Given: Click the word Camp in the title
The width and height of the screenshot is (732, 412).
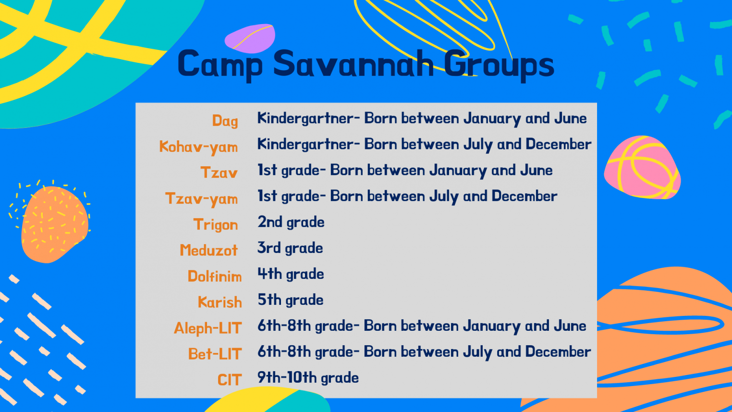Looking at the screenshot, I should pos(220,64).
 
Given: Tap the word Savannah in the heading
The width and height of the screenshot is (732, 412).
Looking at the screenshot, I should pos(353,63).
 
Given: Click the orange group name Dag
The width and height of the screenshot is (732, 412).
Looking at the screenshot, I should pos(225,121).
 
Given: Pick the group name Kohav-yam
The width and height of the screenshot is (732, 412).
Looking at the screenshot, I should pos(198,147).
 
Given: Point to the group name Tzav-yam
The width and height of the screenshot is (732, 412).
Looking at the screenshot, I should pos(201,199).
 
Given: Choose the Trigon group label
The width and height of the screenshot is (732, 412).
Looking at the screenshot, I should pos(216,225).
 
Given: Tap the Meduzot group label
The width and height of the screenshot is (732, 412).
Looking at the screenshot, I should pos(208,250).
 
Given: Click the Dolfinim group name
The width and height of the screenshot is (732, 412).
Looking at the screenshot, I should pos(214,276).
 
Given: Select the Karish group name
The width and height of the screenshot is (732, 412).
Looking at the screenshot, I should pos(220,302).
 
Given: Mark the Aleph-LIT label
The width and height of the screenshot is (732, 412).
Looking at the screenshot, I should pos(207,328).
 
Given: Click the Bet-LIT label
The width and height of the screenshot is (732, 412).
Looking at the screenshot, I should pos(214,354).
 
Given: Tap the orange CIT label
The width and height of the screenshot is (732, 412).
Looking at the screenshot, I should pos(229,380).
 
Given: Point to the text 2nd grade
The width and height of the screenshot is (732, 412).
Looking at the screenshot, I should pos(291,222).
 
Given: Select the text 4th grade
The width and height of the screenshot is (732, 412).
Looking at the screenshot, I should pos(291,274).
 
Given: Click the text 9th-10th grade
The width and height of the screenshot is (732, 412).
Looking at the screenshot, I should pos(308,378).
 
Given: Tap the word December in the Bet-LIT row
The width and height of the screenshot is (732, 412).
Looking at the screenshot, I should pos(558,352).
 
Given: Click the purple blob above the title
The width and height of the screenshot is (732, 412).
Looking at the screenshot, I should pos(250,38).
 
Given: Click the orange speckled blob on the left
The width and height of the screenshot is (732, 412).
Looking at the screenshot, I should pos(54,224).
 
